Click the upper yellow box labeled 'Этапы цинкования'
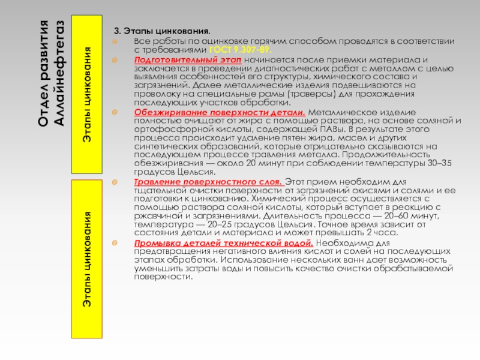[88, 93]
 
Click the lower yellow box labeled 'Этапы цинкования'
[88, 258]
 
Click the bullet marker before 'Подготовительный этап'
[115, 61]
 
